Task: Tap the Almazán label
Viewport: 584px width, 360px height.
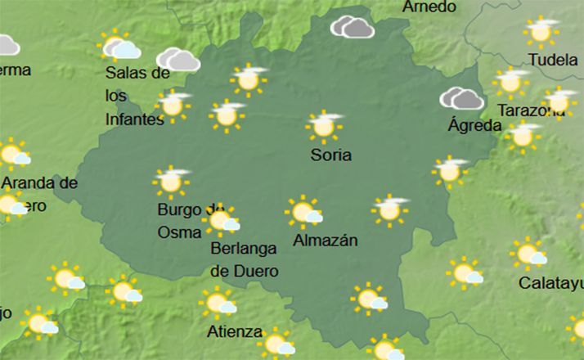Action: (x=326, y=241)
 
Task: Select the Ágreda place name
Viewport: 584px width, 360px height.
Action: (x=474, y=125)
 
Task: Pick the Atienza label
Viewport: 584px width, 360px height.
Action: (x=235, y=332)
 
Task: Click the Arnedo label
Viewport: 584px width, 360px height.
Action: (x=429, y=7)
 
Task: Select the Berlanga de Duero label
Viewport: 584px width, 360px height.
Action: (x=245, y=259)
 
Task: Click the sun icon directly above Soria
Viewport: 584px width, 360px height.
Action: (x=325, y=126)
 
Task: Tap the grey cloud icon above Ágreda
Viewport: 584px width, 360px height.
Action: (x=461, y=99)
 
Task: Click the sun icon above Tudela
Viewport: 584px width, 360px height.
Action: (x=541, y=31)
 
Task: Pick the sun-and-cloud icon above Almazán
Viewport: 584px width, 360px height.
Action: (x=304, y=212)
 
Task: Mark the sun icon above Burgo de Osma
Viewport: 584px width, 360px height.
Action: (x=171, y=181)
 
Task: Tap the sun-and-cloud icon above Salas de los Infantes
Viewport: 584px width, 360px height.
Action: (x=118, y=46)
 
